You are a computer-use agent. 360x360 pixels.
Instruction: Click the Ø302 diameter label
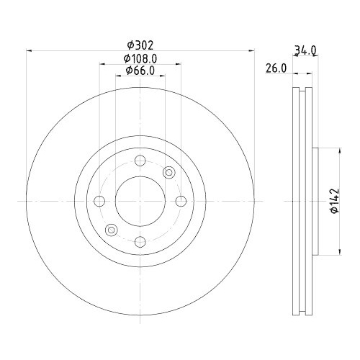click(x=140, y=45)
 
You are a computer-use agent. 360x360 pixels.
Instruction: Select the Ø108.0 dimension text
click(x=140, y=58)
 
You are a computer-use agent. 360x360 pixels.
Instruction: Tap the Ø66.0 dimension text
click(x=140, y=71)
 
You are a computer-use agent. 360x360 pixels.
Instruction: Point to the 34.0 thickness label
click(x=305, y=50)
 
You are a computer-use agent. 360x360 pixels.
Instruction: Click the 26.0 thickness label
click(x=276, y=68)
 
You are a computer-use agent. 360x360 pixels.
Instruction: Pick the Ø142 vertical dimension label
click(x=334, y=201)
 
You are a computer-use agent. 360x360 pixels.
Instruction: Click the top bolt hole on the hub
click(x=140, y=161)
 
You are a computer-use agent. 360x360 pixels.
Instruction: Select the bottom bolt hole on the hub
click(x=140, y=242)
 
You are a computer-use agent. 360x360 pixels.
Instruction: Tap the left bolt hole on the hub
click(x=99, y=201)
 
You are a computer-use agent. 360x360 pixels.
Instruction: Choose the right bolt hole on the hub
click(x=181, y=201)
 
